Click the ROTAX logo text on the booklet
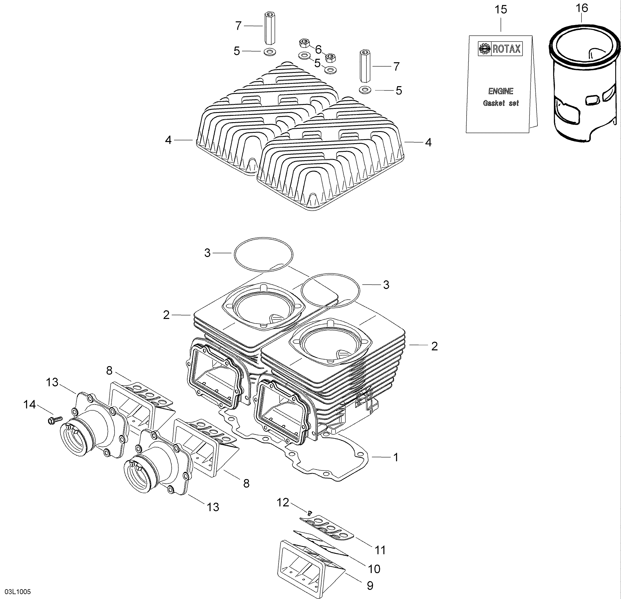coord(506,49)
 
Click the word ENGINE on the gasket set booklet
coord(501,91)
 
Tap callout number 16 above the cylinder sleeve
coord(582,8)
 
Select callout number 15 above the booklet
coord(501,10)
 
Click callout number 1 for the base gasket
coord(395,457)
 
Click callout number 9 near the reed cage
coord(370,586)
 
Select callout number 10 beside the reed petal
coord(374,569)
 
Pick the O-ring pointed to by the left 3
coord(263,254)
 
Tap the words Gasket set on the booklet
coord(501,103)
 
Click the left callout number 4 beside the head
coord(168,140)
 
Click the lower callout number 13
coord(213,507)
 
